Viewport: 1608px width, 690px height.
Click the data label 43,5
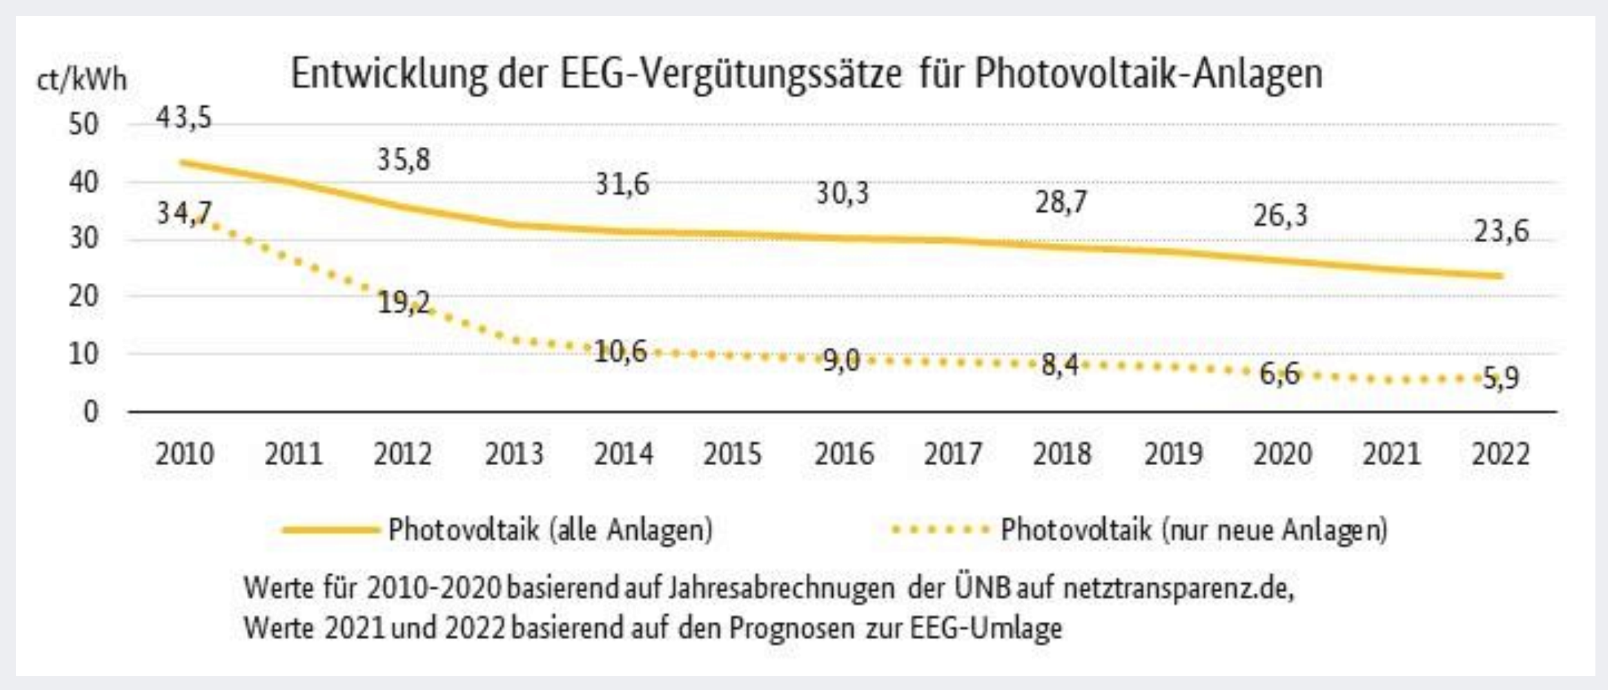(x=184, y=117)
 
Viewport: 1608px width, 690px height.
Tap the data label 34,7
(x=184, y=213)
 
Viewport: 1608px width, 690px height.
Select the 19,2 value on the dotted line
(x=404, y=303)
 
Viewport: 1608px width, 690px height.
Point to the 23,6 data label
(x=1501, y=231)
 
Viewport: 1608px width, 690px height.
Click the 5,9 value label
(x=1501, y=378)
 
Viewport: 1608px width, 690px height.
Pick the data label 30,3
(x=843, y=194)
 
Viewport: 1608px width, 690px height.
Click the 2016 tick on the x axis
(x=844, y=454)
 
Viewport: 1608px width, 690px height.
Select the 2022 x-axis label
(x=1501, y=454)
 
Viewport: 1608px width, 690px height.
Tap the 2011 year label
(x=294, y=454)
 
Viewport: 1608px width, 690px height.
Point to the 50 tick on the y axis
(x=84, y=124)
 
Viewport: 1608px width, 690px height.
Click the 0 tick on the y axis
(x=91, y=412)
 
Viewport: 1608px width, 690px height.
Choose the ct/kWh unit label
(x=81, y=80)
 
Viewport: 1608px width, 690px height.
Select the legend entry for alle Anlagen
(x=549, y=530)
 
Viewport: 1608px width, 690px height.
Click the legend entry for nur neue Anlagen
(x=1193, y=530)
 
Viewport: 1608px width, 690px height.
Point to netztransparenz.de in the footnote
(x=1178, y=588)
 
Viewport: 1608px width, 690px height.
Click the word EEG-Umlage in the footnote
(x=986, y=628)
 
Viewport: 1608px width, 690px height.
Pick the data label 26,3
(x=1280, y=215)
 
